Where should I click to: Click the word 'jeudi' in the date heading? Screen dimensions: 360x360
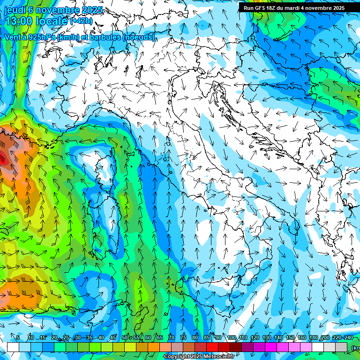click(15, 10)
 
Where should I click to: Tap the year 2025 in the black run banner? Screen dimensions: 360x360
click(337, 8)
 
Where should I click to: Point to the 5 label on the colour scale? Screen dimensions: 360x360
click(18, 338)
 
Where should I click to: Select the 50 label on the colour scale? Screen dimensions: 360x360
click(124, 338)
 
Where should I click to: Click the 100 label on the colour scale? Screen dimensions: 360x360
click(231, 338)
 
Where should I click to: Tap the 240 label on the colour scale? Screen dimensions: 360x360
click(349, 338)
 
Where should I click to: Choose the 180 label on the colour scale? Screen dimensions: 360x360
click(313, 338)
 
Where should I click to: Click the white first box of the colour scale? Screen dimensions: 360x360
click(13, 346)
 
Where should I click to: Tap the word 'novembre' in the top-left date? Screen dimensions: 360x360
click(55, 10)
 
